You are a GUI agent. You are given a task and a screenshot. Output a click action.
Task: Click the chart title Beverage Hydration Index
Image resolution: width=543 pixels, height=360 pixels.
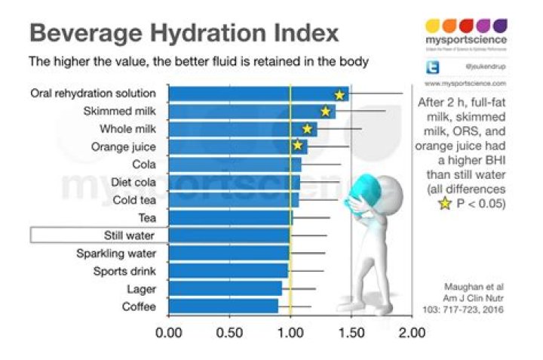pyautogui.click(x=184, y=34)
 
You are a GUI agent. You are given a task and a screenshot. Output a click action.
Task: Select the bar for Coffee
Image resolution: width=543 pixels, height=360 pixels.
pyautogui.click(x=223, y=306)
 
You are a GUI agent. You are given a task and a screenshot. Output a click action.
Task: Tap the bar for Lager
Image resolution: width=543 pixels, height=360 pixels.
pyautogui.click(x=225, y=288)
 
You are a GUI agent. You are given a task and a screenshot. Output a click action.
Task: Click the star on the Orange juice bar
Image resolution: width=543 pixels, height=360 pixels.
pyautogui.click(x=298, y=145)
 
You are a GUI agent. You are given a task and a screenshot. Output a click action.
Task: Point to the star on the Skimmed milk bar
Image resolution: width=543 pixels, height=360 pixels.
pyautogui.click(x=326, y=112)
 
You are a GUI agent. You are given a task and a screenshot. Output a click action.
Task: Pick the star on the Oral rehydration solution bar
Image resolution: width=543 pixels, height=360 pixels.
pyautogui.click(x=339, y=94)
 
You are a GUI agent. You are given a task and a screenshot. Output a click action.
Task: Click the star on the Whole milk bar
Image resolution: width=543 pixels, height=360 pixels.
pyautogui.click(x=307, y=129)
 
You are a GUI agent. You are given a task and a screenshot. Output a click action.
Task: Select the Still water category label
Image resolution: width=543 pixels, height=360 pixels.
pyautogui.click(x=129, y=235)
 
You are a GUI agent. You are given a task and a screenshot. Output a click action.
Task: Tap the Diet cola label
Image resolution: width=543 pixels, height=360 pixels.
pyautogui.click(x=133, y=182)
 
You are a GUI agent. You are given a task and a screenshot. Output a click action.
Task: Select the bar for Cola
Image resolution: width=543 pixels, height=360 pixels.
pyautogui.click(x=235, y=164)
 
